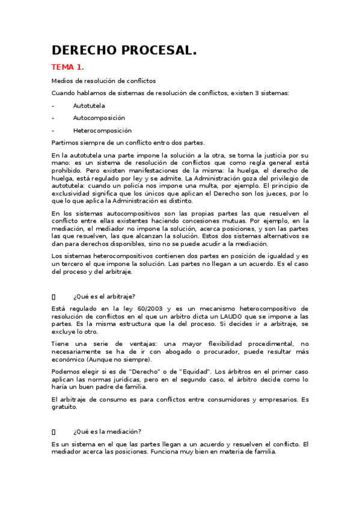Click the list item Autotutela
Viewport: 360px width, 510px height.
(89, 105)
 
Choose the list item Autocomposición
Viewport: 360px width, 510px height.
(99, 118)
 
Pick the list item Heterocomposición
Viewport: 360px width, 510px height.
(102, 131)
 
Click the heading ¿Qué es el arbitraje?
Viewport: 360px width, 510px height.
(104, 296)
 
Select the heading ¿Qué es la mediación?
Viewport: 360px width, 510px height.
(107, 431)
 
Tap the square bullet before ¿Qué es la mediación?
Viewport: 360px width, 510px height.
(53, 431)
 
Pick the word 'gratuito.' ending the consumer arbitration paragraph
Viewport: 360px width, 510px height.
(65, 407)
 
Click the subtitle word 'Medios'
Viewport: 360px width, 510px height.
(62, 80)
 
